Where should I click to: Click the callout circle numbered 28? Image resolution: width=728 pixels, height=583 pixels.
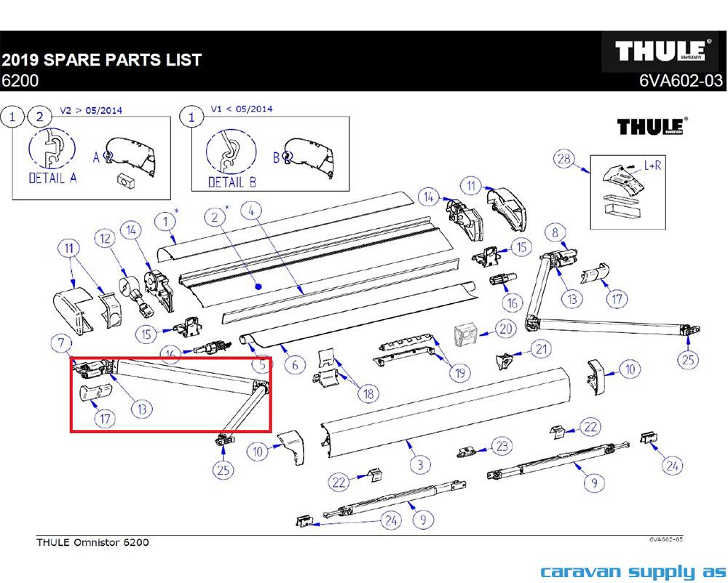coord(562,160)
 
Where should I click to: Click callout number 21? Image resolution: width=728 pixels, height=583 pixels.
coord(540,350)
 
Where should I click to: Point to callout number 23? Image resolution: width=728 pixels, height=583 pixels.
coord(501,445)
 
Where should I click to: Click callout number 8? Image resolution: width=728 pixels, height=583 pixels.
coord(555,233)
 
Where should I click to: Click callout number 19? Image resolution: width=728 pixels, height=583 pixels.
coord(459,374)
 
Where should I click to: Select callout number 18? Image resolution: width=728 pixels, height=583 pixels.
coord(368,394)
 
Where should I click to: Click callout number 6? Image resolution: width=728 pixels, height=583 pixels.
coord(294,364)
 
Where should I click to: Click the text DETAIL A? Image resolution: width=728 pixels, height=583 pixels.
coord(52,177)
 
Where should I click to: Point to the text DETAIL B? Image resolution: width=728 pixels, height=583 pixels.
coord(232,182)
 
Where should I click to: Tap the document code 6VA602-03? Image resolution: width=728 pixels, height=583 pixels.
coord(681,82)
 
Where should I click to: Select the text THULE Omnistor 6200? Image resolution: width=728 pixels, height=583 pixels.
coord(92,542)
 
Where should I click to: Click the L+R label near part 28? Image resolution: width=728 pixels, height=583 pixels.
coord(652,165)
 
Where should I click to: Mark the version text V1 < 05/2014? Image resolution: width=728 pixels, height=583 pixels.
coord(241,109)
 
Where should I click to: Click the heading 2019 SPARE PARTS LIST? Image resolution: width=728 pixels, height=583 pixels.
coord(101,60)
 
